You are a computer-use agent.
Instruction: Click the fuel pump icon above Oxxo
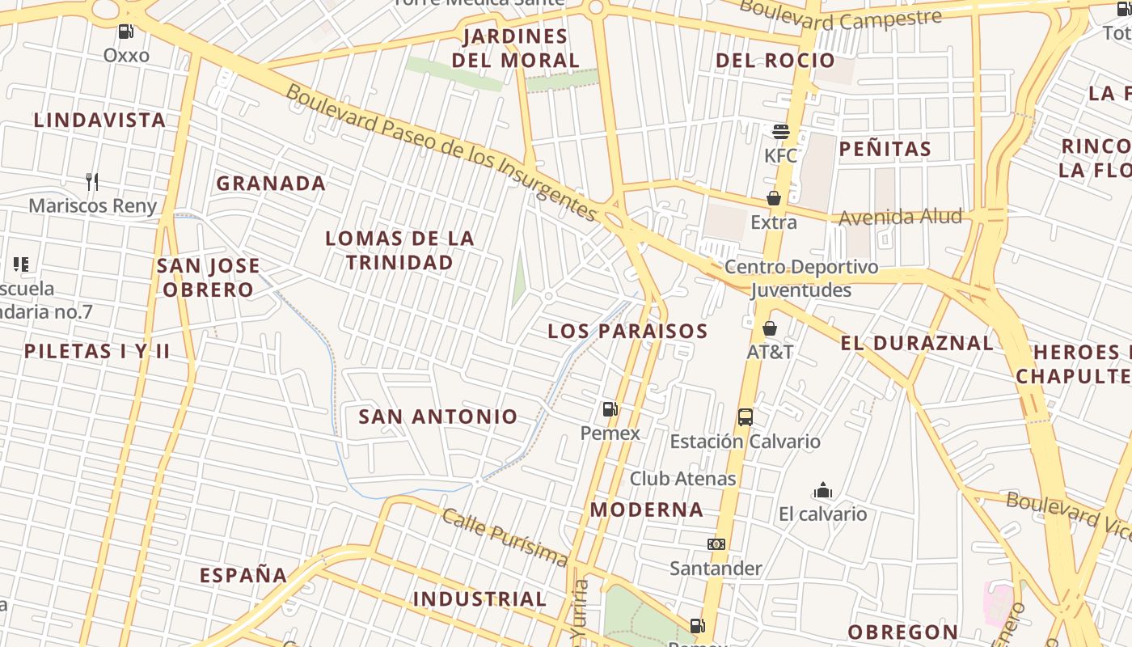point(125,32)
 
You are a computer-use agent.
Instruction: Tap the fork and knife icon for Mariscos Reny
point(92,182)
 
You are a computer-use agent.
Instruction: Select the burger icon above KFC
point(780,131)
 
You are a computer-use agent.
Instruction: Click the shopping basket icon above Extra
point(774,198)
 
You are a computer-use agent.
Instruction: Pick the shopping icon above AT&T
point(770,328)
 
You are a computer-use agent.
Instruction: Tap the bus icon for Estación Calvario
point(746,417)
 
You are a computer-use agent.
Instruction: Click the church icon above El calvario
point(823,491)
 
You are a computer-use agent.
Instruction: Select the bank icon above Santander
point(716,544)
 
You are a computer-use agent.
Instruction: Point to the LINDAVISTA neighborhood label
point(99,121)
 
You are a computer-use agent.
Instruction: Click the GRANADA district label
point(271,184)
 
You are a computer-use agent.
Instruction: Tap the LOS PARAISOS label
point(627,331)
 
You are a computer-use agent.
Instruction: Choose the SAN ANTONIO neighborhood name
point(437,417)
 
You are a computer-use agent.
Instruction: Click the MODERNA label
point(646,510)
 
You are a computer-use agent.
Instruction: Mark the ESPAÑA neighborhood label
point(243,576)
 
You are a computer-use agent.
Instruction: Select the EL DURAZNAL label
point(917,343)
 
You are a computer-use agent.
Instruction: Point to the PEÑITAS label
point(885,149)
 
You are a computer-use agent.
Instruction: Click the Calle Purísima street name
point(504,537)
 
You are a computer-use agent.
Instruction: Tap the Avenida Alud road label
point(900,217)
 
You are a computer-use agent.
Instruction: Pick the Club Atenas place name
point(682,479)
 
